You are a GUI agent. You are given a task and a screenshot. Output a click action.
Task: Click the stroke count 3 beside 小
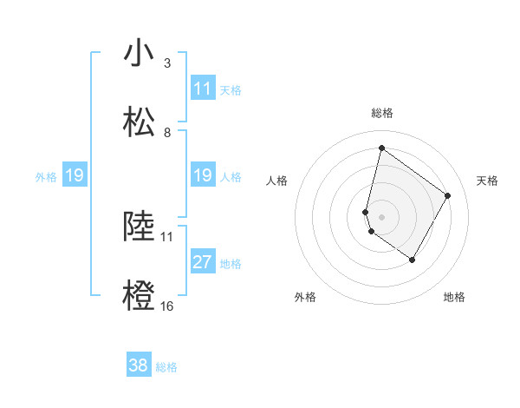tap(166, 63)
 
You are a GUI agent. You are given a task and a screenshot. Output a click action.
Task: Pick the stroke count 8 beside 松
tap(166, 133)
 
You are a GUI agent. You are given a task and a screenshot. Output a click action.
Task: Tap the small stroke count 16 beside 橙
tap(166, 306)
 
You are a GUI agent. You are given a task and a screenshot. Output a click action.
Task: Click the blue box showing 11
tap(203, 89)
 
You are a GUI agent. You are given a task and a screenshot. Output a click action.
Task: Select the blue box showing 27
tap(203, 262)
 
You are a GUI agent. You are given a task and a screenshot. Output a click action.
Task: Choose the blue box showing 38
tap(139, 366)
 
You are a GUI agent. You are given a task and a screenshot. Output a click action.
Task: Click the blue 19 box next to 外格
tap(75, 175)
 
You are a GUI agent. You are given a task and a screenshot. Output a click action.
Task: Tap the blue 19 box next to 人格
tap(203, 175)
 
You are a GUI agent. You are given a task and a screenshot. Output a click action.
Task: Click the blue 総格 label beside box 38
tap(166, 367)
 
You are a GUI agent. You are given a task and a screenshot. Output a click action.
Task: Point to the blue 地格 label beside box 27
tap(231, 263)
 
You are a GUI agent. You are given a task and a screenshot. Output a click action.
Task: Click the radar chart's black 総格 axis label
tap(381, 113)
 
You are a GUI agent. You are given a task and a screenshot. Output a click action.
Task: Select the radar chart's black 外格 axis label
tap(305, 297)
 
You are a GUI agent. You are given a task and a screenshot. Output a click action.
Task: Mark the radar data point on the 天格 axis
tap(448, 195)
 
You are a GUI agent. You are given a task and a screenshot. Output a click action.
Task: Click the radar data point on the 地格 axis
tap(413, 260)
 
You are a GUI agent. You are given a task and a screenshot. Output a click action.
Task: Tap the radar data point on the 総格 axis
tap(381, 148)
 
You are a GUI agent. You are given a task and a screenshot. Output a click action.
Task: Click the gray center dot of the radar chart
tap(381, 216)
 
